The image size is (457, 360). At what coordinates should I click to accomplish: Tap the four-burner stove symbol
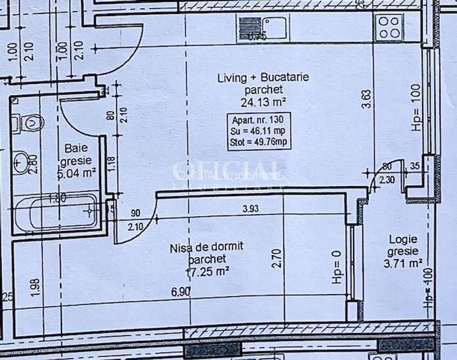pyautogui.click(x=389, y=26)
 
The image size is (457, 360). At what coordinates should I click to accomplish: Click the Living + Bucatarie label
pyautogui.click(x=263, y=78)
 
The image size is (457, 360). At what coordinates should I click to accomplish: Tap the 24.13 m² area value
pyautogui.click(x=263, y=101)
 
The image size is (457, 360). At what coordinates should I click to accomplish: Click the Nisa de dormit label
pyautogui.click(x=206, y=247)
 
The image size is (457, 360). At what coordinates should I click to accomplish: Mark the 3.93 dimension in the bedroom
pyautogui.click(x=252, y=208)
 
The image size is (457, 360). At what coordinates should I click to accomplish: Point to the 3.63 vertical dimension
pyautogui.click(x=366, y=101)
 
